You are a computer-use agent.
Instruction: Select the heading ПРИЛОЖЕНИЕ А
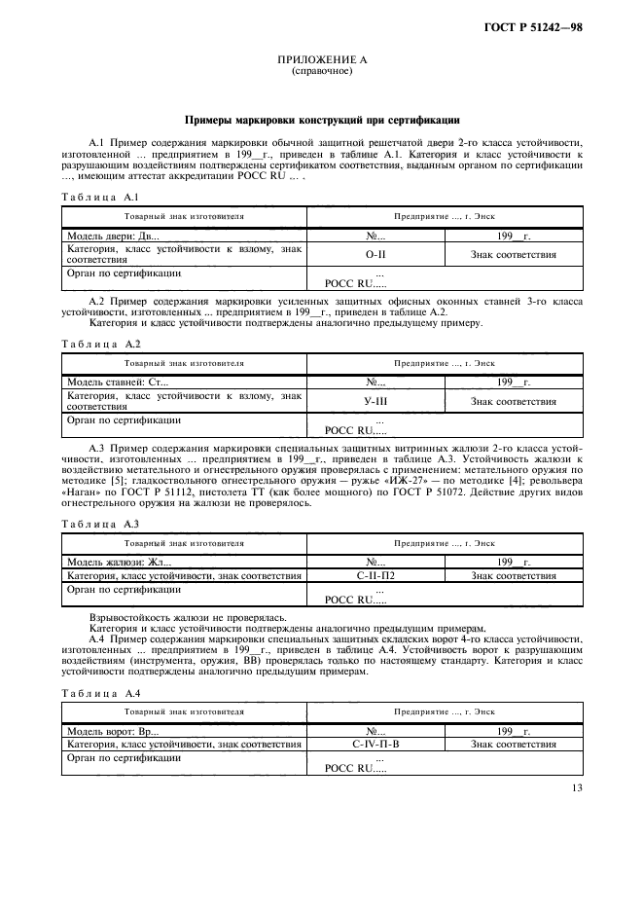tap(321, 60)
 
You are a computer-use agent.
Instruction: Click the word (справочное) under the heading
tap(321, 72)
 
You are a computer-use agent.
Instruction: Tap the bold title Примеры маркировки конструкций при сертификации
tap(321, 121)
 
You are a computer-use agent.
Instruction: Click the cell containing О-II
tap(375, 255)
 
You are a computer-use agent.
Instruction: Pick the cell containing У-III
tap(375, 401)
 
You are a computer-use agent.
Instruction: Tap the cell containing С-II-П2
tap(375, 576)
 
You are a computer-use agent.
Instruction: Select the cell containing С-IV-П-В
tap(375, 745)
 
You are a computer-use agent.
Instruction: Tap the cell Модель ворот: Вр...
tap(113, 731)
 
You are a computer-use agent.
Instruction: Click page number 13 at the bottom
tap(576, 790)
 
